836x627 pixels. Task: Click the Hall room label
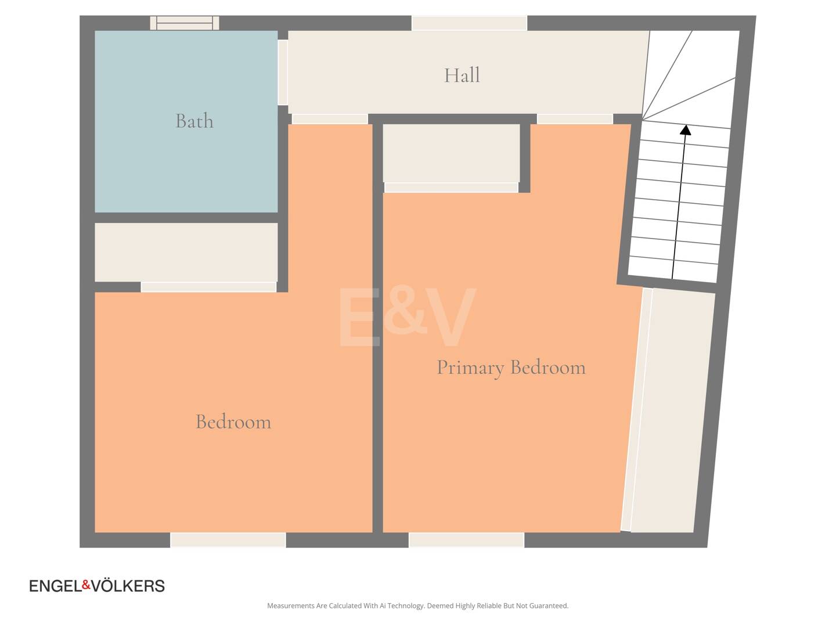tap(462, 75)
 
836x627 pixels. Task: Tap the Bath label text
tap(194, 121)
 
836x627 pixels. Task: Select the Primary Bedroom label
tap(511, 367)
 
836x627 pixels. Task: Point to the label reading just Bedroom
tap(233, 422)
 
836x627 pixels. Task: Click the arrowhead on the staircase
tap(686, 130)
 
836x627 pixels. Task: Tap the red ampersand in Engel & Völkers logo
tap(87, 585)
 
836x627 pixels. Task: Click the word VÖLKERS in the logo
tap(128, 586)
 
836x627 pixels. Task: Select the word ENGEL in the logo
tap(56, 586)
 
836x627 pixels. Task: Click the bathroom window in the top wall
tap(185, 23)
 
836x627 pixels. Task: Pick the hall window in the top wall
tap(469, 23)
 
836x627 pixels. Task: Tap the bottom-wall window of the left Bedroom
tap(228, 540)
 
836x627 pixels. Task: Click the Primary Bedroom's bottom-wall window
tap(467, 540)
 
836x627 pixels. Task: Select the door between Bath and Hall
tap(283, 73)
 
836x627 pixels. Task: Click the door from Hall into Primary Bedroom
tap(575, 119)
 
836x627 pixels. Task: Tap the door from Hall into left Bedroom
tap(330, 119)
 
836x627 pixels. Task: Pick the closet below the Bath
tap(186, 253)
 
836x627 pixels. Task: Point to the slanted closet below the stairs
tap(672, 411)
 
